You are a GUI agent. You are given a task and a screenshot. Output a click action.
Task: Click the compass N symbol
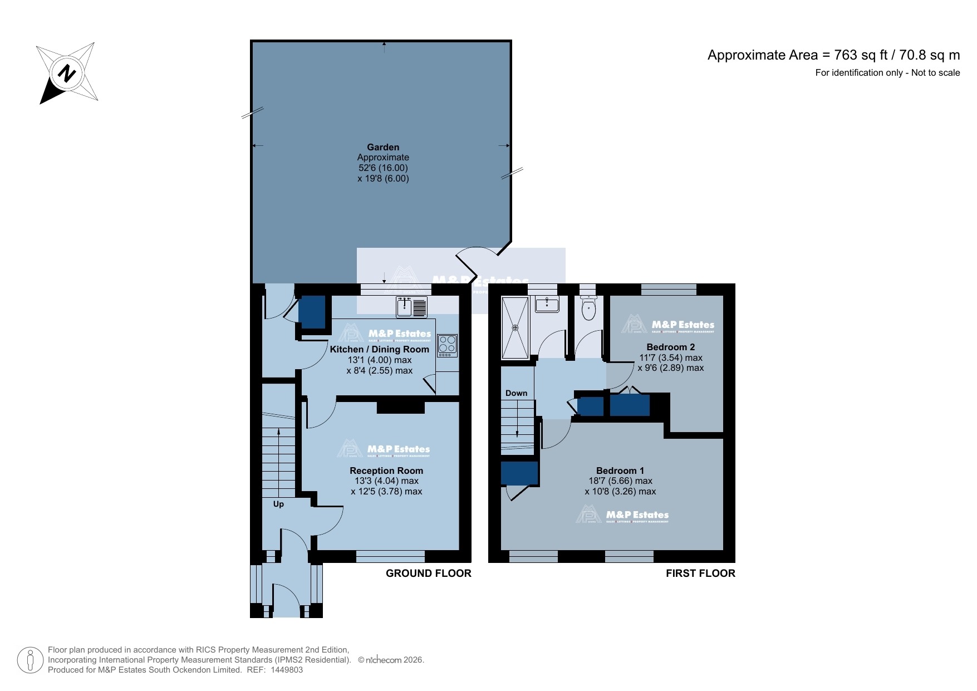67,73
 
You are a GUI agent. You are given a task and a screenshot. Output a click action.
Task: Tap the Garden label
383,148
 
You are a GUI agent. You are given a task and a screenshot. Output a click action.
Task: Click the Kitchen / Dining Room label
379,350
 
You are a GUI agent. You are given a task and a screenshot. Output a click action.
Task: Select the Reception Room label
386,471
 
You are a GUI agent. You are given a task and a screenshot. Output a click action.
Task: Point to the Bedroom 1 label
620,471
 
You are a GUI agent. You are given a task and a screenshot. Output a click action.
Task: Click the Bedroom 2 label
670,347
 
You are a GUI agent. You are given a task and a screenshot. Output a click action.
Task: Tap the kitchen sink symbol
411,307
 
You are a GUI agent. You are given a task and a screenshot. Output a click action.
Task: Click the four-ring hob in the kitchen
447,346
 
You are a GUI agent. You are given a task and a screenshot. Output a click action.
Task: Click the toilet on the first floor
588,309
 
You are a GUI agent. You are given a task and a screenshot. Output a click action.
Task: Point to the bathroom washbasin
547,305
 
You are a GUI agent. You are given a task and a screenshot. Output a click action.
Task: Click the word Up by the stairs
278,504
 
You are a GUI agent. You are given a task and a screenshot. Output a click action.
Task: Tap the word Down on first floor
516,393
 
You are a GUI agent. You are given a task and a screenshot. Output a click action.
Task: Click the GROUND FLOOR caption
428,574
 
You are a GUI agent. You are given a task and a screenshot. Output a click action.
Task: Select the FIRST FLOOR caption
700,574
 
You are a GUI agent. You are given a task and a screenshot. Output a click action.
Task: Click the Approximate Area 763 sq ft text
833,55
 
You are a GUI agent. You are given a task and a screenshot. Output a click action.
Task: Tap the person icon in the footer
30,660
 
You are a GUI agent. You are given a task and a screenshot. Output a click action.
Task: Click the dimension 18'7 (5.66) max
620,481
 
